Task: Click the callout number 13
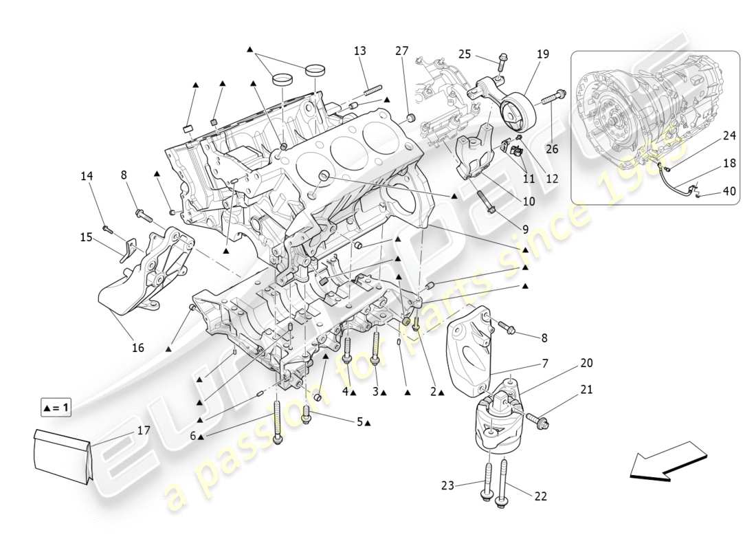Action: pyautogui.click(x=360, y=51)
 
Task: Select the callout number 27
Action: pyautogui.click(x=401, y=50)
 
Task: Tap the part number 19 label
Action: pyautogui.click(x=543, y=54)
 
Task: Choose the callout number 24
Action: pyautogui.click(x=729, y=136)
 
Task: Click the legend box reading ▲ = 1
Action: pyautogui.click(x=56, y=408)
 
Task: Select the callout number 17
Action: pyautogui.click(x=143, y=430)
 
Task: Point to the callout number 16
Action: pyautogui.click(x=138, y=348)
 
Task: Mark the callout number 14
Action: pyautogui.click(x=86, y=176)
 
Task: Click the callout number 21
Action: pyautogui.click(x=586, y=390)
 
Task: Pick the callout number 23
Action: pyautogui.click(x=448, y=485)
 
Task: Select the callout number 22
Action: pyautogui.click(x=540, y=496)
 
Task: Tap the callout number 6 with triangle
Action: pyautogui.click(x=197, y=435)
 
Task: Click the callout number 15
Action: pyautogui.click(x=86, y=237)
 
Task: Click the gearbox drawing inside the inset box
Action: pyautogui.click(x=632, y=124)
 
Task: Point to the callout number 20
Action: pyautogui.click(x=586, y=362)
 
